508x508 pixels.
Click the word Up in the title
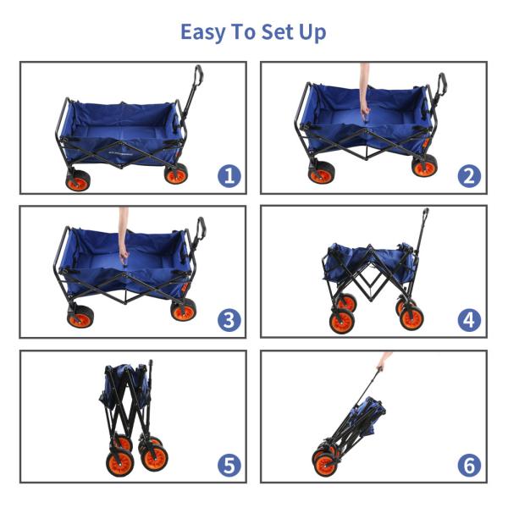pos(312,33)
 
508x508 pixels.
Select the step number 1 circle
pos(229,176)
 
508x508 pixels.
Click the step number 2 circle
pos(469,176)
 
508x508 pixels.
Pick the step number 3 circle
pos(229,320)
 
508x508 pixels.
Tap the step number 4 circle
pos(469,320)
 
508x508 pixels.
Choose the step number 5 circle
pos(229,465)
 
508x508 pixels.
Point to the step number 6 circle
pos(469,465)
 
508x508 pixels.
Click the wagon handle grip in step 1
pos(198,75)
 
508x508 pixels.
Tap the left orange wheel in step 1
pos(78,181)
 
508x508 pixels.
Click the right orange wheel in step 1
pos(176,174)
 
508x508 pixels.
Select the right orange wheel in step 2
pos(424,166)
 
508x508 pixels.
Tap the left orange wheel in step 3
pos(80,317)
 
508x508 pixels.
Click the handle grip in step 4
pos(425,215)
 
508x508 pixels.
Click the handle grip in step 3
pos(202,228)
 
